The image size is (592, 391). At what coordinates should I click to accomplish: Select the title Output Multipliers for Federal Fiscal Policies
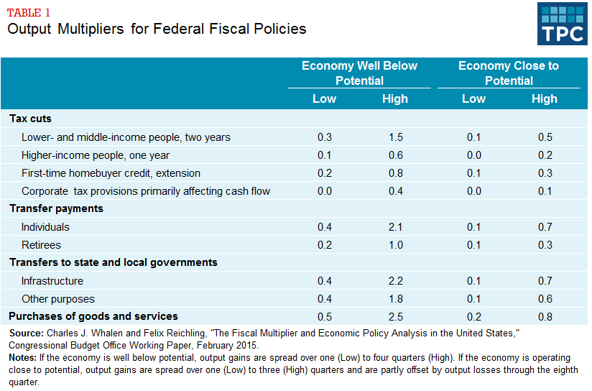pos(157,29)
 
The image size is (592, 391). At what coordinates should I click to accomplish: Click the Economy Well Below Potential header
pos(359,73)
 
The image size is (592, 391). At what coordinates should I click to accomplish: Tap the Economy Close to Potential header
pos(508,73)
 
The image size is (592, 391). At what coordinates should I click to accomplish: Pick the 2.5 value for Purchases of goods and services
pos(394,317)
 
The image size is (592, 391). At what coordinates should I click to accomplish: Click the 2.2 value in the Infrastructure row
pos(394,281)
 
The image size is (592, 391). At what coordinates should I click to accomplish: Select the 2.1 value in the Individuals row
pos(394,227)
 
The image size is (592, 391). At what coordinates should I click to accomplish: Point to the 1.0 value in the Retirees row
pos(394,245)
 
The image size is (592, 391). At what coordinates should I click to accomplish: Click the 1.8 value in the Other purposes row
pos(394,299)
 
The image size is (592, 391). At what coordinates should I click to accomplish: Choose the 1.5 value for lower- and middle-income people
pos(394,137)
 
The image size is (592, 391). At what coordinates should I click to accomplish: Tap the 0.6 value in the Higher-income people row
pos(394,155)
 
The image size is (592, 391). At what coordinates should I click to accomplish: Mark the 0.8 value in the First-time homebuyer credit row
pos(394,173)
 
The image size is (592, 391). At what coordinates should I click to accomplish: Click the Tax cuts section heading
pos(30,119)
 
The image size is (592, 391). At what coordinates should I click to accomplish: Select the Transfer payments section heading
pos(56,208)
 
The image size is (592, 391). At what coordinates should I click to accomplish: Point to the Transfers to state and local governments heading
pos(114,262)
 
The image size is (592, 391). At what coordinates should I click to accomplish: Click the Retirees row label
pos(41,245)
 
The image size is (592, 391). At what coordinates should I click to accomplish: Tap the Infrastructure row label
pos(52,281)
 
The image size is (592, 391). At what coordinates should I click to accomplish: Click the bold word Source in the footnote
pos(25,333)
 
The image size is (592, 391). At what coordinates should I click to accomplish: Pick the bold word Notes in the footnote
pos(23,357)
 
